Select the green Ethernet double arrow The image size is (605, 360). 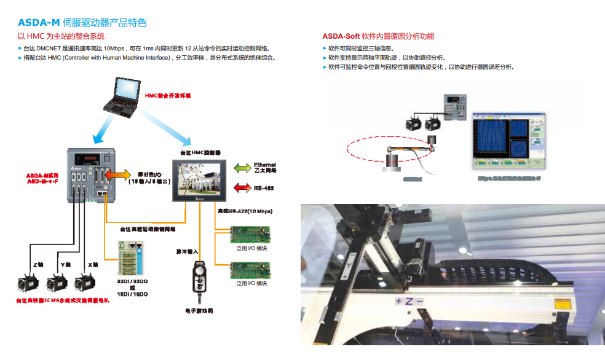pos(240,167)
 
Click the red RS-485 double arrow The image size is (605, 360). pos(240,188)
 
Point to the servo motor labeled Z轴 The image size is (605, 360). pos(29,284)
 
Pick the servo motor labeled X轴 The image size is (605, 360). pos(85,284)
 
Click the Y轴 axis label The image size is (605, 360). pos(65,265)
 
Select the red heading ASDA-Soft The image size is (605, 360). pos(341,36)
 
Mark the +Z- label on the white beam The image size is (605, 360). pos(409,301)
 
